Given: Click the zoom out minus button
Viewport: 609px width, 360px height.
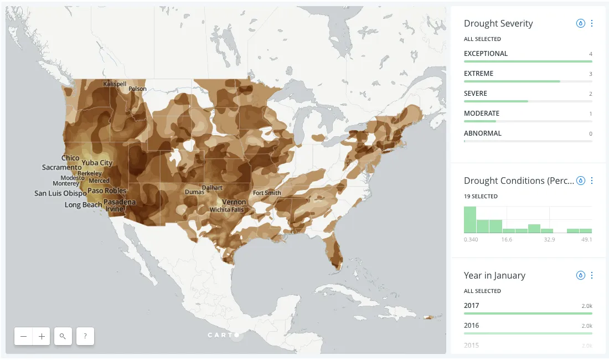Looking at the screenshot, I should [x=24, y=336].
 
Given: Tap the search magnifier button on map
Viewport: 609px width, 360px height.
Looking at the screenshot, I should [x=63, y=336].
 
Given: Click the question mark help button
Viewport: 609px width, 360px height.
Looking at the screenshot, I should [x=85, y=336].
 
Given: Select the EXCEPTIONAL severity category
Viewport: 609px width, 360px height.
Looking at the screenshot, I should [x=486, y=54].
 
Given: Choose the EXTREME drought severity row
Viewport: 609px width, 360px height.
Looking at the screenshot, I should [x=478, y=74].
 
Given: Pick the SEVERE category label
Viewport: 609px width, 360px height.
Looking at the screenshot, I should [x=476, y=94].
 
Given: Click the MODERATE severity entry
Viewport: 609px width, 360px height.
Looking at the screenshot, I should [x=482, y=114].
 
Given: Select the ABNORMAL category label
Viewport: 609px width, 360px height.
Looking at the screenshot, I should [x=482, y=133].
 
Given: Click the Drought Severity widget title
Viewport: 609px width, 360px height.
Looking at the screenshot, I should [x=498, y=23].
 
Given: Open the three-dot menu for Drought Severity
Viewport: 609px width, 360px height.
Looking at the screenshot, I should [x=592, y=23].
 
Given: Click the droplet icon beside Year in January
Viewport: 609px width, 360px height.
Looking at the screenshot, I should [x=580, y=275].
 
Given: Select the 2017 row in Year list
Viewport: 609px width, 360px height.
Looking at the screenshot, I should [x=472, y=306].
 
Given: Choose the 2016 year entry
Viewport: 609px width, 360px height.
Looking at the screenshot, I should [x=472, y=326].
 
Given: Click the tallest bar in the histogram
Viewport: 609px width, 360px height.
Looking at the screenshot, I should [x=470, y=220].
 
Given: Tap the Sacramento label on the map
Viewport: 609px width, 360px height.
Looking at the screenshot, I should [x=61, y=167].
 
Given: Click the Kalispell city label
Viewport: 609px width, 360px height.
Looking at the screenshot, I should [x=115, y=84].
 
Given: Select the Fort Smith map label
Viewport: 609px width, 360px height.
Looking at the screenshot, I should [x=267, y=193].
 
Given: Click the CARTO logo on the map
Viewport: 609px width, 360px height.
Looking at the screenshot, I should [x=223, y=335].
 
